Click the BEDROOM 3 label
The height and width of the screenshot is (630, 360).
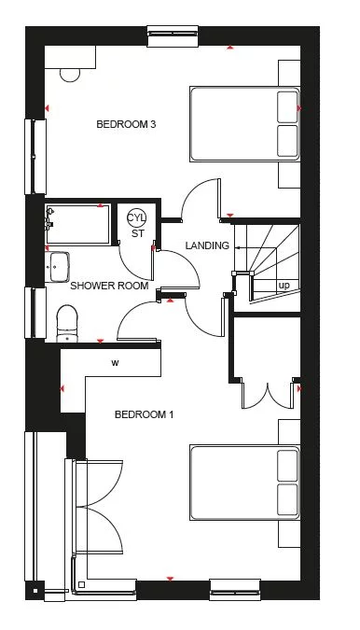(x=125, y=123)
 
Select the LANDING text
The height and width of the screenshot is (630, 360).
(x=206, y=245)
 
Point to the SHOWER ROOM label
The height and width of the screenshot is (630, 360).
(x=110, y=286)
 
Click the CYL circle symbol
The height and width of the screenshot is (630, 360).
(x=136, y=219)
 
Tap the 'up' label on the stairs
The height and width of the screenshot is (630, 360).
(x=283, y=285)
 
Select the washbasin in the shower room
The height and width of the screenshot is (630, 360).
(x=60, y=265)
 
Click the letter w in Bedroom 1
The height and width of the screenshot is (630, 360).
(x=116, y=362)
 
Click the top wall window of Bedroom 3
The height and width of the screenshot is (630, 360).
(x=173, y=33)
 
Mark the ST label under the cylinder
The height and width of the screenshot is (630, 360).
(x=136, y=233)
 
